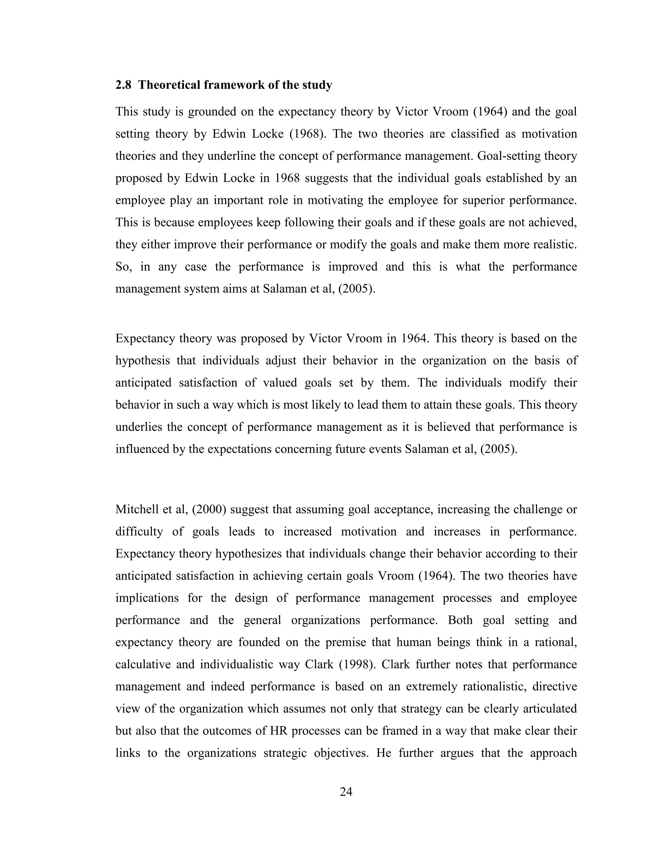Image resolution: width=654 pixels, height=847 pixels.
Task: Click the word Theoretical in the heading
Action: pyautogui.click(x=169, y=85)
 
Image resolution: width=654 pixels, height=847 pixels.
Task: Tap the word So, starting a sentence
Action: pyautogui.click(x=124, y=267)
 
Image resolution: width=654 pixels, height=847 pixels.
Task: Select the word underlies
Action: pyautogui.click(x=138, y=427)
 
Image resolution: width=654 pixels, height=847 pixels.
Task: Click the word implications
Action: pyautogui.click(x=147, y=598)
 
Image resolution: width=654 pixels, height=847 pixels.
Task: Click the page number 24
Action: pyautogui.click(x=346, y=791)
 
